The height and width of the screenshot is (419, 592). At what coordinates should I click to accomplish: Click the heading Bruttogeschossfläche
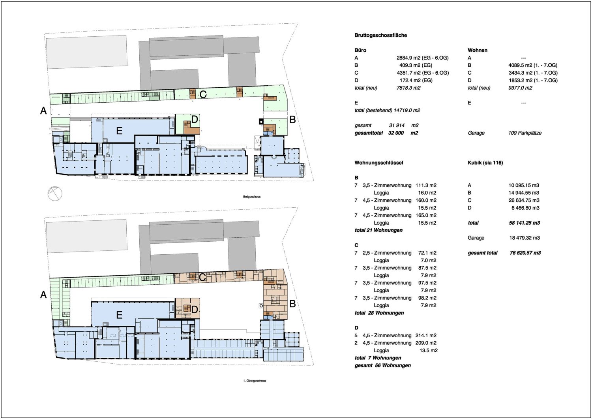point(380,35)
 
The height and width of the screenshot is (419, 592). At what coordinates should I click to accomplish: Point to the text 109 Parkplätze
point(525,133)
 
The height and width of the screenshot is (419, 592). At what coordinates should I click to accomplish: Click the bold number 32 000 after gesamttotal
point(396,133)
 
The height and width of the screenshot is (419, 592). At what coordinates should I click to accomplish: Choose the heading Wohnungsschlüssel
point(379,163)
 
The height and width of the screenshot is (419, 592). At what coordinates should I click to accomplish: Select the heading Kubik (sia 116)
point(485,163)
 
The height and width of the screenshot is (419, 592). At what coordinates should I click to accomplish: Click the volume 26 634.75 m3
point(524,200)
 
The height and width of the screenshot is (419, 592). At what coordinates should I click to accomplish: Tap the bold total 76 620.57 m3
point(525,253)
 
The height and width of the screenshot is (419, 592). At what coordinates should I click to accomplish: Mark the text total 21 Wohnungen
point(378,230)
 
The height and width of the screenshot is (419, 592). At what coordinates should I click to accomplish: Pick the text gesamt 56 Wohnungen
point(383,365)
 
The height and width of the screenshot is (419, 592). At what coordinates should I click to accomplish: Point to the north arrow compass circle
point(55,194)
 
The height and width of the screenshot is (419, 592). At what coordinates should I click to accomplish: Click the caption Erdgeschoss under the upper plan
point(252,197)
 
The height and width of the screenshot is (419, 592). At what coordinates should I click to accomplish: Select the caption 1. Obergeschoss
point(255,381)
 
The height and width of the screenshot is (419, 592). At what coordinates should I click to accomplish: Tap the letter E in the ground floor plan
point(119,131)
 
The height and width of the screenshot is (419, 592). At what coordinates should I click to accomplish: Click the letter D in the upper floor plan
point(194,309)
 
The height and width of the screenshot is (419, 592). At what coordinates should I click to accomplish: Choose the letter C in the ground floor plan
point(203,94)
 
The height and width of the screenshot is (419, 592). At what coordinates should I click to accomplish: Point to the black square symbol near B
point(261,121)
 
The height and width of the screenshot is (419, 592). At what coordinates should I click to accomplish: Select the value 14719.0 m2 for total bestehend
point(407,110)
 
